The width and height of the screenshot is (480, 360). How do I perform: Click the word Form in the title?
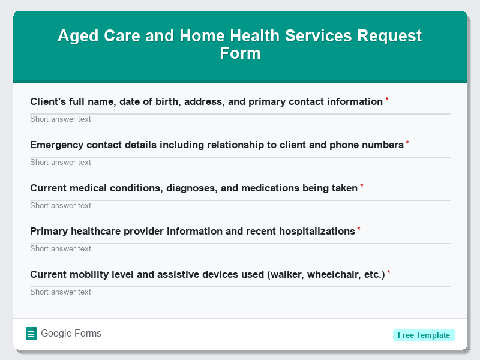pos(240,53)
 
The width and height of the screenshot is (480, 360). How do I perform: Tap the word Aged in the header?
pos(75,36)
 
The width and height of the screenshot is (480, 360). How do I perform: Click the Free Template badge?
pos(424,335)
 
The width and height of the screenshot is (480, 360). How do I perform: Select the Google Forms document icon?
pos(32,334)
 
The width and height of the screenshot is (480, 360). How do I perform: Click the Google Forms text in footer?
pos(71,334)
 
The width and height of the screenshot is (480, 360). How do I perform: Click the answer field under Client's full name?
pos(240,119)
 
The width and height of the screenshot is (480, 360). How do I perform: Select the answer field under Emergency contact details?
pos(240,162)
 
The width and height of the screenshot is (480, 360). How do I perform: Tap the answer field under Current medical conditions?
pos(240,205)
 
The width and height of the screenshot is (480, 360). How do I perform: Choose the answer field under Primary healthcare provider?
pos(240,248)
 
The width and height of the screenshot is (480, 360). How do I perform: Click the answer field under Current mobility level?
pos(240,292)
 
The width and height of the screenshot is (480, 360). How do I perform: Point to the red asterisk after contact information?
pos(387,100)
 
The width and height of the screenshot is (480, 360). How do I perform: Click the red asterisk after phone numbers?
pos(407,143)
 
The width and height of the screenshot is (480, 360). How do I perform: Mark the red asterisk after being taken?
pos(362,186)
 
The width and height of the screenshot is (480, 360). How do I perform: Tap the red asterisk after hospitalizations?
pos(359,229)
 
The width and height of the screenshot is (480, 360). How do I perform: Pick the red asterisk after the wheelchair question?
pos(389,272)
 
